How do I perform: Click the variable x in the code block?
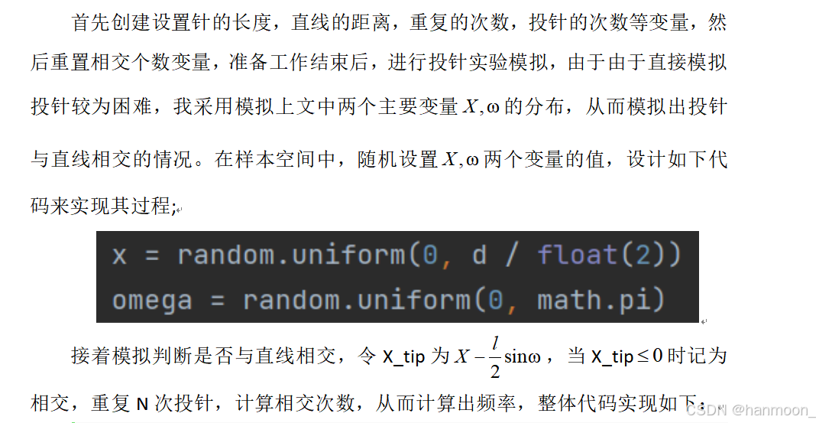119,255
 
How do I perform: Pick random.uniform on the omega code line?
356,300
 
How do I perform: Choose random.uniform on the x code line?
291,255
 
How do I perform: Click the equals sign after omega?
217,300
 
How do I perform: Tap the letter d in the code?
479,255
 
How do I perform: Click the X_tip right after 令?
403,357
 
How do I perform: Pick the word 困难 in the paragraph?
131,108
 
